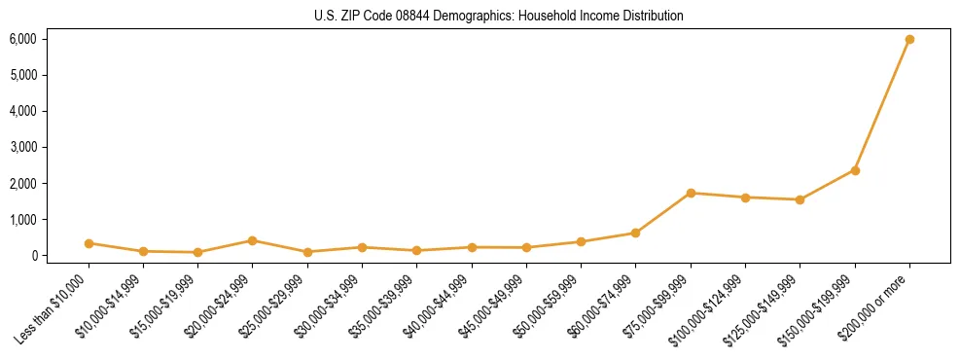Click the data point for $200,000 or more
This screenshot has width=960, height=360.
pyautogui.click(x=909, y=40)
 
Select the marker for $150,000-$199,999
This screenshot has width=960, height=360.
pyautogui.click(x=855, y=170)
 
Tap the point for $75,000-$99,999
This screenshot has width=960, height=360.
pyautogui.click(x=691, y=193)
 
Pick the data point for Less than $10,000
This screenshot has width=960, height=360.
pyautogui.click(x=89, y=243)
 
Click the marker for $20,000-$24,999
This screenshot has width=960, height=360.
pyautogui.click(x=252, y=240)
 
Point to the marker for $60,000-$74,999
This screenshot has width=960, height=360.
pyautogui.click(x=635, y=233)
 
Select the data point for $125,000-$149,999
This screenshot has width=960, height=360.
pyautogui.click(x=800, y=199)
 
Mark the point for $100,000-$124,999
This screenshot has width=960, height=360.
pyautogui.click(x=745, y=198)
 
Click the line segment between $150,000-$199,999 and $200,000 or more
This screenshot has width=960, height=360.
pyautogui.click(x=882, y=105)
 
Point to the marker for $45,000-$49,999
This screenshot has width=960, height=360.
pyautogui.click(x=526, y=247)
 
